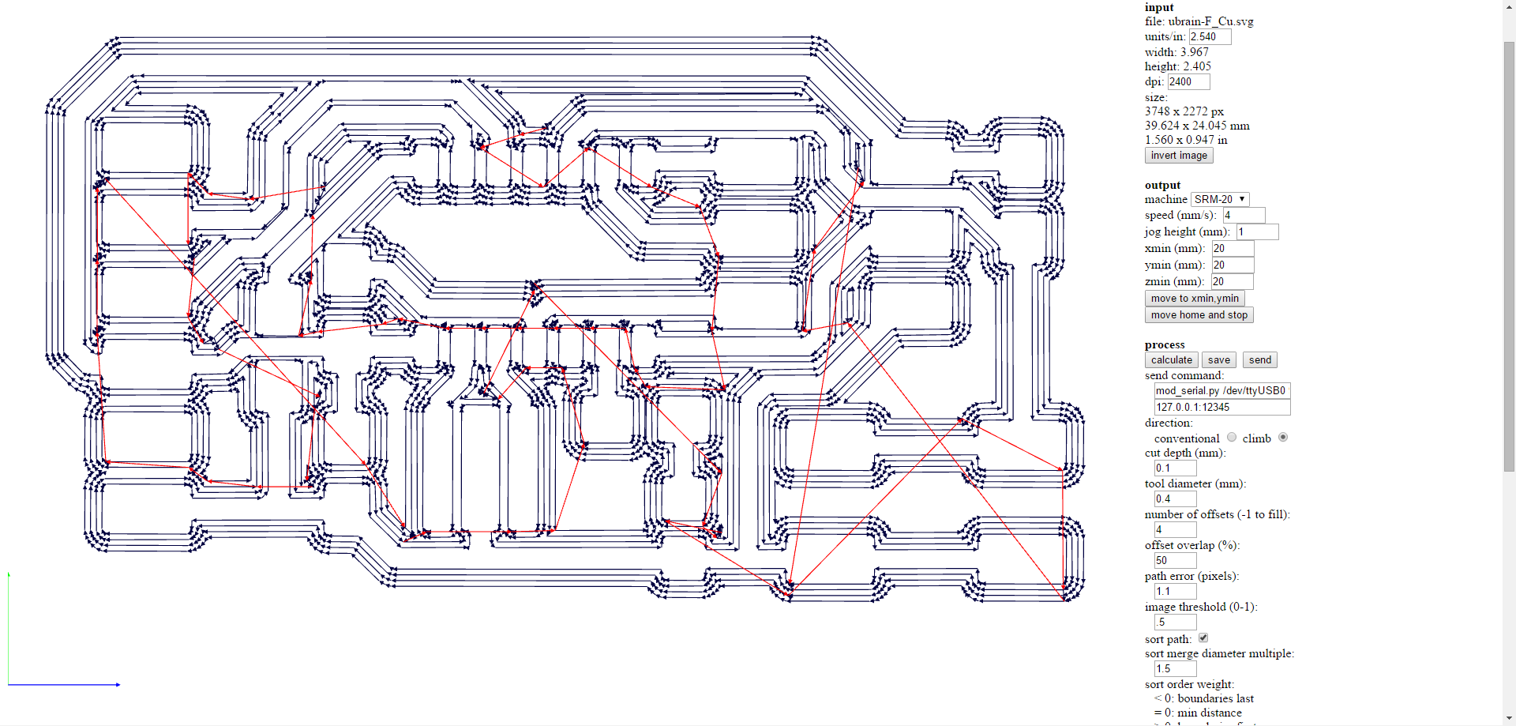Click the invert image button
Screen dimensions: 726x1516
pos(1178,156)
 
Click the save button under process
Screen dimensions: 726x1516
pos(1218,360)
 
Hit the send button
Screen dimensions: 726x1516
pos(1259,360)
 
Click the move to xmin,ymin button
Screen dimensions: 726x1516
pos(1194,299)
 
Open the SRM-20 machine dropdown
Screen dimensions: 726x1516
pos(1219,199)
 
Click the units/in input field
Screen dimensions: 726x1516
pos(1210,37)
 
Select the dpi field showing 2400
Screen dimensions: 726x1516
pos(1188,82)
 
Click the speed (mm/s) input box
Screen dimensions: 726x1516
pos(1244,216)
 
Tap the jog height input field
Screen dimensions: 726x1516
pos(1256,232)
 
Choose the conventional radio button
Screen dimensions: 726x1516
pos(1232,438)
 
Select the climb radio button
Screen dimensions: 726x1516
pos(1283,438)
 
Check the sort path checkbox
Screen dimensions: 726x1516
pos(1203,638)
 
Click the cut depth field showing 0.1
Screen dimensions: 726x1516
pos(1175,468)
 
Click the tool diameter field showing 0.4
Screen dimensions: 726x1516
pos(1175,499)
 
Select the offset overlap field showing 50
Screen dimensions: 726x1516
pos(1175,561)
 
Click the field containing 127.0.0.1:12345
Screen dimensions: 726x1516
pos(1221,408)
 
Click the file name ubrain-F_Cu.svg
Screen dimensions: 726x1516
pos(1210,21)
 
